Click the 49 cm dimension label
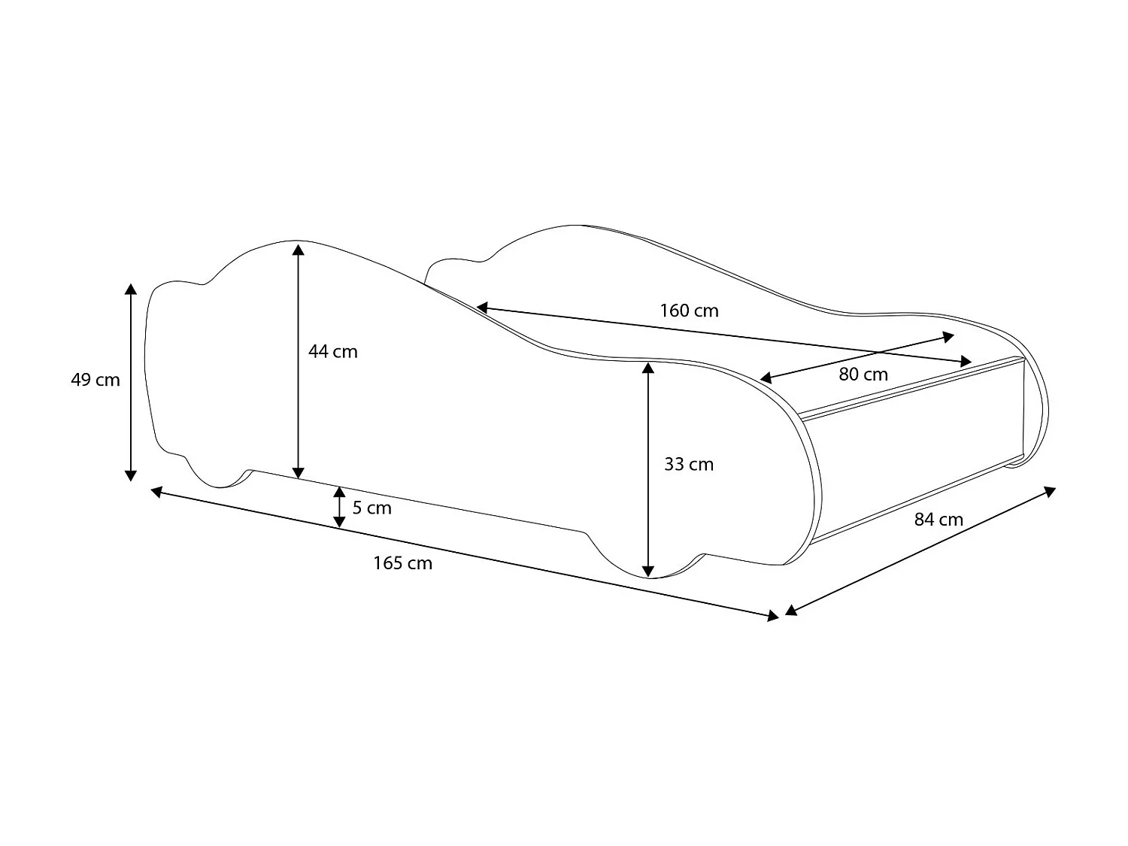(x=96, y=380)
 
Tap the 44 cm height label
(x=333, y=351)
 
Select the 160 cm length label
(x=689, y=311)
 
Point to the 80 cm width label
(x=863, y=374)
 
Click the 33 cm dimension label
(x=689, y=464)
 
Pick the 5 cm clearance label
(x=372, y=508)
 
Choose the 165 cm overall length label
(x=403, y=563)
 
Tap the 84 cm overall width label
(x=938, y=519)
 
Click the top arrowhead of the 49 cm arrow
(x=131, y=290)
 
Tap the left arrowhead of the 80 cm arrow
(x=766, y=378)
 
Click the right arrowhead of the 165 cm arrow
(x=772, y=616)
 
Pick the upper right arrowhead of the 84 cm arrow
(x=1050, y=491)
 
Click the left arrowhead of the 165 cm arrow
(x=157, y=492)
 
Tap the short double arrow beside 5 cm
(x=340, y=506)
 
